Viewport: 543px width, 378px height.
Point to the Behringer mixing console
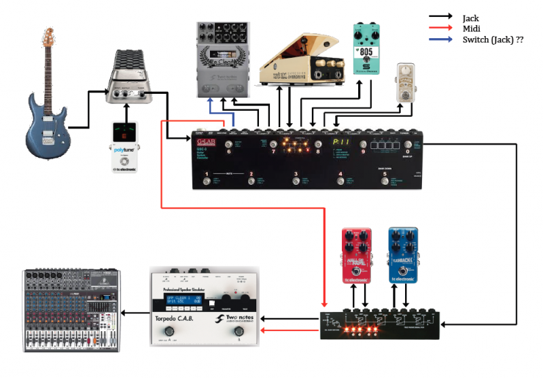tap(71, 310)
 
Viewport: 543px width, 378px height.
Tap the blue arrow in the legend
tap(442, 41)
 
